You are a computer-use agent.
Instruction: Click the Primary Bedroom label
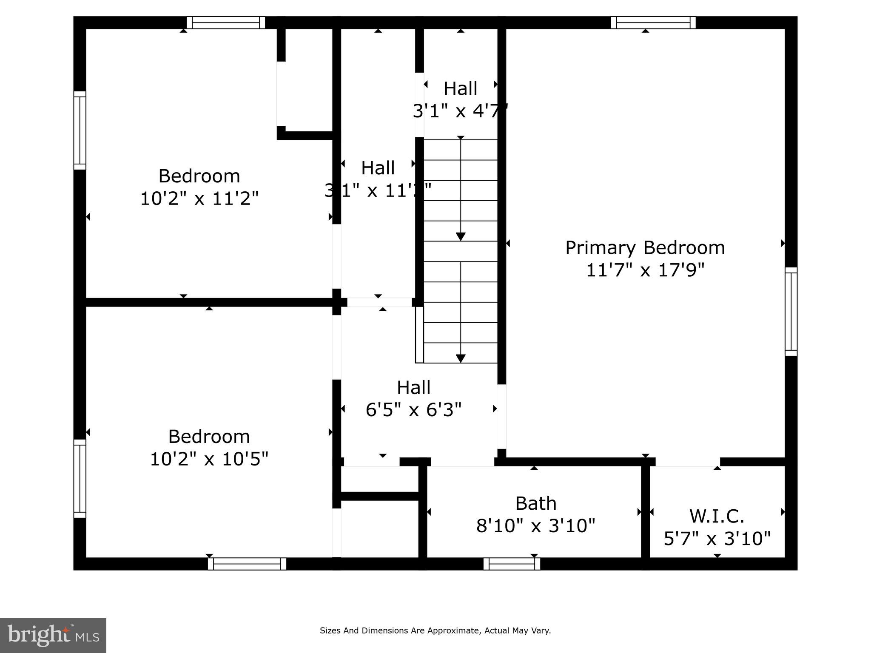click(x=645, y=248)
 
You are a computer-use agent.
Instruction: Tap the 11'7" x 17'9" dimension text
click(x=645, y=270)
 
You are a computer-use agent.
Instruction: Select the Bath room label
click(x=535, y=504)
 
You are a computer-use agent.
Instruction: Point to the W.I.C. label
click(x=717, y=517)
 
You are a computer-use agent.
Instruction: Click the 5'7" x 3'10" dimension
click(x=717, y=539)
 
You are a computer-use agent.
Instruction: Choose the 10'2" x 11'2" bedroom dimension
click(x=199, y=199)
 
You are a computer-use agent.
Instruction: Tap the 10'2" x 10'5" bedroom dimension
click(x=209, y=459)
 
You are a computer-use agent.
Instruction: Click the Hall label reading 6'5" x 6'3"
click(x=413, y=388)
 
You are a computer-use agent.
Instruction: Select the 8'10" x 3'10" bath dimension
click(x=535, y=526)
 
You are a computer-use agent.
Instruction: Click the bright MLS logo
click(x=53, y=636)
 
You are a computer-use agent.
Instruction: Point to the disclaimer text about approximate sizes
click(x=435, y=631)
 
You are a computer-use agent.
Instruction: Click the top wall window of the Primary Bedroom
click(x=653, y=23)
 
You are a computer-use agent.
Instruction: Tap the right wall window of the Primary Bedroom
click(x=791, y=312)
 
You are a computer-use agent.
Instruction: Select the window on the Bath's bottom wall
click(x=512, y=564)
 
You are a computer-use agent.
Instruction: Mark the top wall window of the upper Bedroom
click(x=226, y=23)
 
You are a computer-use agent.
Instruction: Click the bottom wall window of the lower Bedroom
click(x=247, y=564)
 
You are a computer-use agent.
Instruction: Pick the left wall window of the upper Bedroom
click(x=80, y=130)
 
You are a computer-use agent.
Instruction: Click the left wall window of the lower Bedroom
click(x=80, y=478)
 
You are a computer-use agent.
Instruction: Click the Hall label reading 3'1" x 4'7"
click(x=460, y=89)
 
